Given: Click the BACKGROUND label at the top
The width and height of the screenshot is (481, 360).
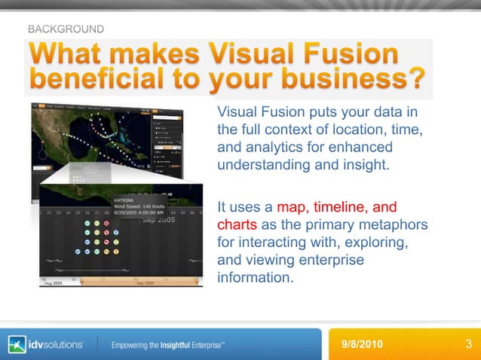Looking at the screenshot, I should tap(66, 29).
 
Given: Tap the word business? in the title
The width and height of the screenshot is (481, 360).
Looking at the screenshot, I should tap(362, 78).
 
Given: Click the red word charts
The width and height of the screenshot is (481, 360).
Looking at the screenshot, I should tap(237, 225).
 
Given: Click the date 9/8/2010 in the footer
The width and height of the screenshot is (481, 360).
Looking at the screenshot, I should tap(363, 344).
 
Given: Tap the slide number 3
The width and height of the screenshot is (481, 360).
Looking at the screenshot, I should tap(468, 344).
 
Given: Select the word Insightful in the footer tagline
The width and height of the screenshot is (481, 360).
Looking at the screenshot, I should tap(176, 345).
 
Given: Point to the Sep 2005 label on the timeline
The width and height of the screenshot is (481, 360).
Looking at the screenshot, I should tap(158, 220).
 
